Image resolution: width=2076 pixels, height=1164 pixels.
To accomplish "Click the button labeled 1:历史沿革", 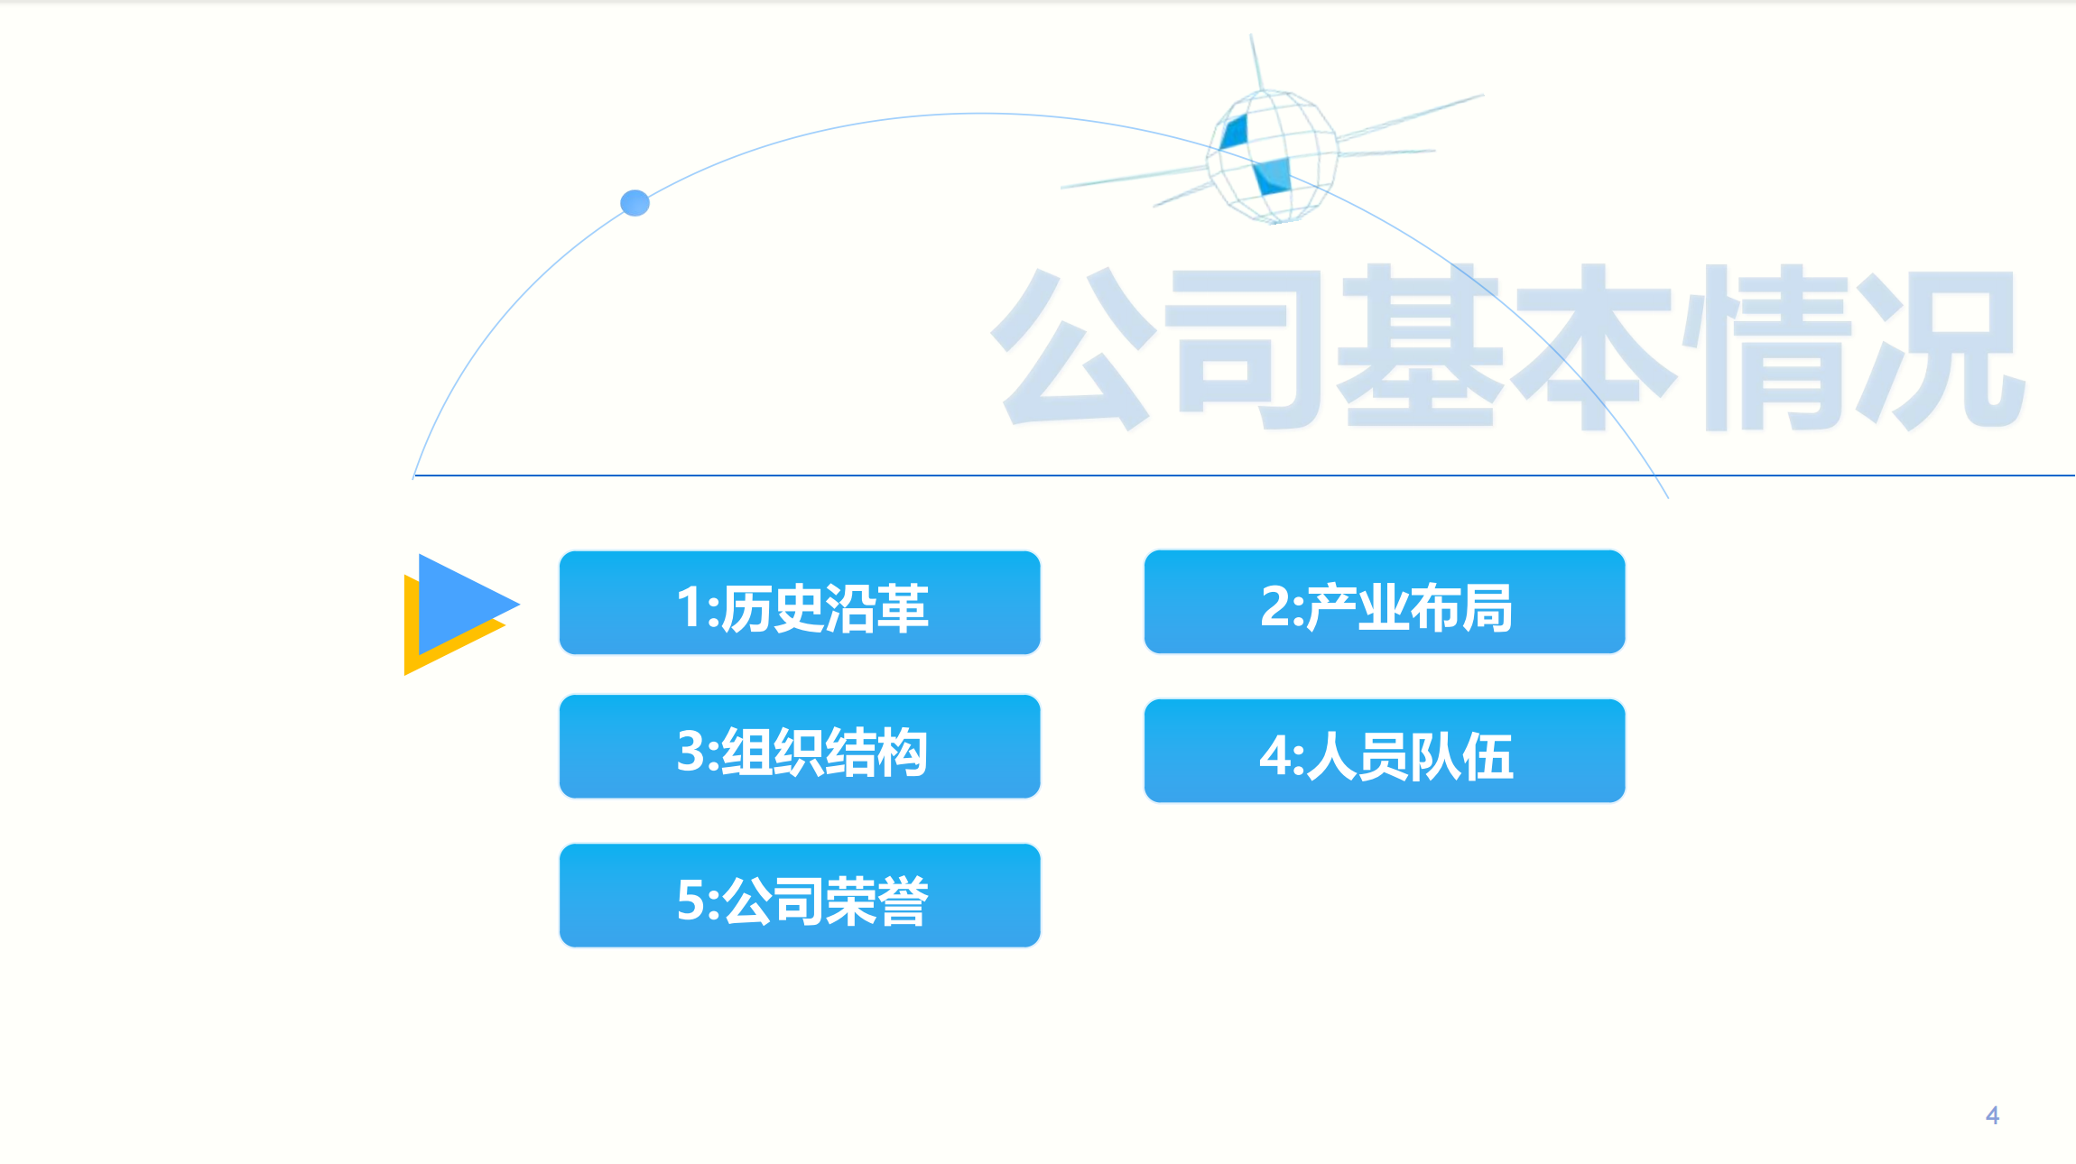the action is point(800,603).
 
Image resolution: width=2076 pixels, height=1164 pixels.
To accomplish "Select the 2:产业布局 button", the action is point(1385,602).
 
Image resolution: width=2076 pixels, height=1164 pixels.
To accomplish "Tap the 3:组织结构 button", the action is point(800,747).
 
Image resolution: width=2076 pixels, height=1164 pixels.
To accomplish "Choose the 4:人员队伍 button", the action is point(1385,751).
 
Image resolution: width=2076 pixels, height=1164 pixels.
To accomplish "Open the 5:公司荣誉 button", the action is point(800,896).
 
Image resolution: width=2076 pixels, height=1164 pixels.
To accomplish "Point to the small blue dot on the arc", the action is point(635,203).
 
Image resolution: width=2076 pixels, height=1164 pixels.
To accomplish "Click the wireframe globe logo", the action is point(1273,155).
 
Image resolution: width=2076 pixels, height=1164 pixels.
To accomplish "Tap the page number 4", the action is point(1993,1115).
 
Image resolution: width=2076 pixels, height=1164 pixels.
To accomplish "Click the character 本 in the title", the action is point(1593,347).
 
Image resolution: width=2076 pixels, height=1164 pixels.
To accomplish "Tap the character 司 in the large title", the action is point(1246,347).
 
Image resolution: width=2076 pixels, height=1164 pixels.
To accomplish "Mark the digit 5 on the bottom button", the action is point(690,900).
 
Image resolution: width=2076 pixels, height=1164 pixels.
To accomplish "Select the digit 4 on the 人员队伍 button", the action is point(1275,755).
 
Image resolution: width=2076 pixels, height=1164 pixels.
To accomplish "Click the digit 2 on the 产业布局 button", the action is point(1275,606).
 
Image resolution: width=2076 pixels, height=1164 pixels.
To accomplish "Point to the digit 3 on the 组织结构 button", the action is point(690,751).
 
